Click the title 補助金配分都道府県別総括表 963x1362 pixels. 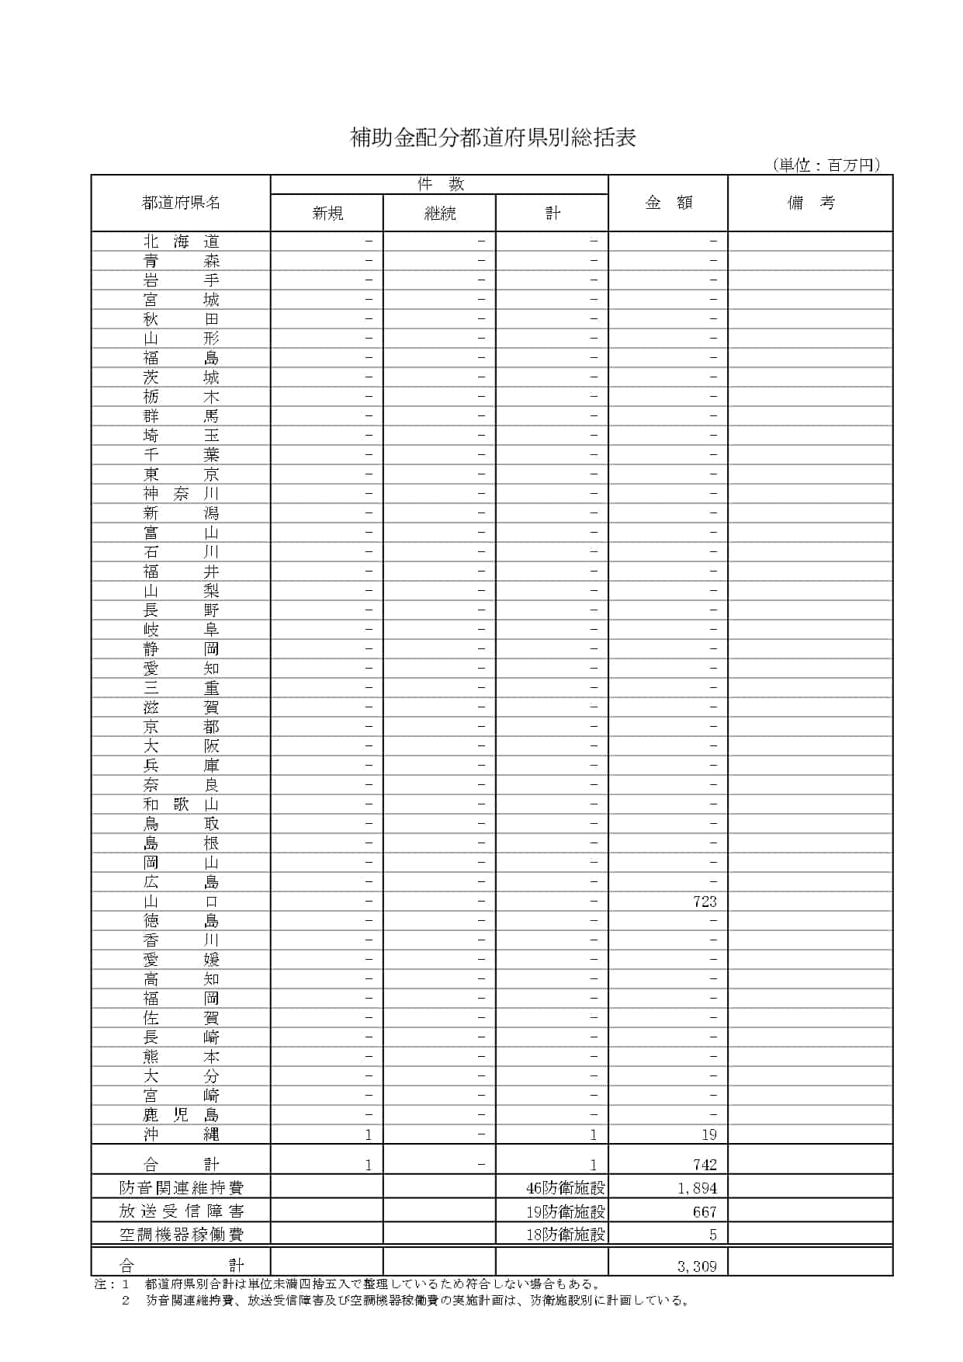point(494,138)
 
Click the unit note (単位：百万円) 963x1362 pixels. point(826,165)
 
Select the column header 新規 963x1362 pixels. point(327,213)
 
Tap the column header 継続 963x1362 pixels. point(439,213)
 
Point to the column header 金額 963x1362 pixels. point(668,203)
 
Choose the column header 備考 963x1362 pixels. point(811,203)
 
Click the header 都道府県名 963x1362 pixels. point(181,203)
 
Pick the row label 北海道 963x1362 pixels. point(181,241)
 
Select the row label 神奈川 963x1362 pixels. point(181,494)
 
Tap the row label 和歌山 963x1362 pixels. point(181,804)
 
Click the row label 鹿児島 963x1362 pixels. point(181,1115)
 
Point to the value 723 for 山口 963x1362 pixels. point(705,902)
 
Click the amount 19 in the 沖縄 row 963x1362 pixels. point(708,1134)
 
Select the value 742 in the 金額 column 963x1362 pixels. point(705,1165)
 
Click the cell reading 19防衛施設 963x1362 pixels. point(565,1211)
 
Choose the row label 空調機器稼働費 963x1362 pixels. point(181,1234)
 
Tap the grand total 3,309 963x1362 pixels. point(697,1266)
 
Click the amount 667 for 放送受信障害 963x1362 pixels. point(705,1211)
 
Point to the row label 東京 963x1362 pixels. point(181,474)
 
